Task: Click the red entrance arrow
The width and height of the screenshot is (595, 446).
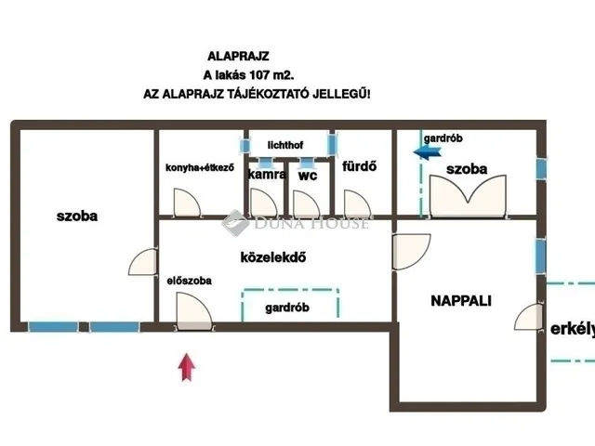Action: coord(187,367)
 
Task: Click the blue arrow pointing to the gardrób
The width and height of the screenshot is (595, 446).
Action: coord(428,152)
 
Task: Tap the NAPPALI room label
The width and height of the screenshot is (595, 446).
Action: coord(461,301)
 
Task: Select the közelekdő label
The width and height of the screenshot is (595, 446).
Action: coord(273,257)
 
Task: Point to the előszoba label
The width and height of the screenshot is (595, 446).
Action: coord(189,281)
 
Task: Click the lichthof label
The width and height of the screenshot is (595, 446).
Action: coord(285,145)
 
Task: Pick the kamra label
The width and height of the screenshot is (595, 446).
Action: coord(267,174)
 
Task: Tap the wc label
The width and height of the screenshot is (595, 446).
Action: coord(308,176)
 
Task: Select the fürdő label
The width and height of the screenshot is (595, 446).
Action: coord(360,166)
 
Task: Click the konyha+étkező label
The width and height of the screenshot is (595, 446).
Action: coord(200,167)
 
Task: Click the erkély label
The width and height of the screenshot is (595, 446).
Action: coord(573,329)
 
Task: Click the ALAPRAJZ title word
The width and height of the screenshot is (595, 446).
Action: coord(238,57)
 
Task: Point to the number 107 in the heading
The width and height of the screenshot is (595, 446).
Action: coord(259,75)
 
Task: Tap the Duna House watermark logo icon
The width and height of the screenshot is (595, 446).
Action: coord(235,223)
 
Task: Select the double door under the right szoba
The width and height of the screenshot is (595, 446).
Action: coord(468,196)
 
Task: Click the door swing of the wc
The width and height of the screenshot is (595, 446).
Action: coord(306,203)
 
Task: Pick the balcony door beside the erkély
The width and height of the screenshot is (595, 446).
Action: coord(529,317)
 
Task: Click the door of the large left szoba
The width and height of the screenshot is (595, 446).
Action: coord(142,262)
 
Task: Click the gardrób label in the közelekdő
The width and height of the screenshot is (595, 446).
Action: coord(287,308)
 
